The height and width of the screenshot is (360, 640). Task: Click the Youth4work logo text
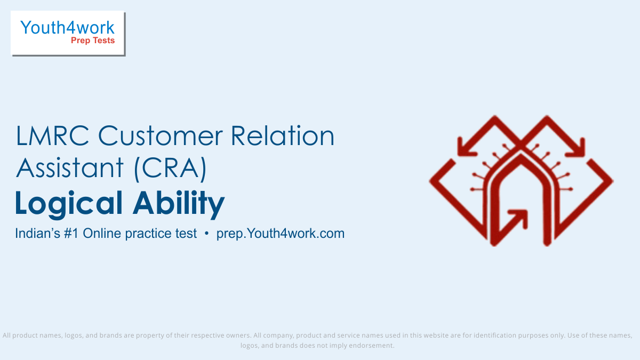pyautogui.click(x=67, y=28)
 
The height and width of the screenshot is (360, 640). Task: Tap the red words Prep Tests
pyautogui.click(x=93, y=41)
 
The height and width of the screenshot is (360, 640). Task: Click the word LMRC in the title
pyautogui.click(x=53, y=136)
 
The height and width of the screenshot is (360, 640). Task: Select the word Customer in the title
pyautogui.click(x=161, y=136)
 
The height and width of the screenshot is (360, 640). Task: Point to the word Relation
pyautogui.click(x=283, y=135)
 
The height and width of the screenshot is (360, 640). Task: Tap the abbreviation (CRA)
pyautogui.click(x=170, y=169)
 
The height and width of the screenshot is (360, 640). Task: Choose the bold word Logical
pyautogui.click(x=69, y=204)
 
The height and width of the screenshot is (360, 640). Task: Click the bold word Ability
pyautogui.click(x=179, y=203)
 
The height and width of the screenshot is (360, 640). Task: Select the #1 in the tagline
pyautogui.click(x=71, y=234)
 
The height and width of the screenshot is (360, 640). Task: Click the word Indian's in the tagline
pyautogui.click(x=38, y=234)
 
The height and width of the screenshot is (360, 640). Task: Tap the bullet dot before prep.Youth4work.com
pyautogui.click(x=206, y=234)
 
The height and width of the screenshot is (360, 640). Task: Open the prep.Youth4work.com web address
pyautogui.click(x=281, y=234)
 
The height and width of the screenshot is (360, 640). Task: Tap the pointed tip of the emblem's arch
pyautogui.click(x=521, y=156)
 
